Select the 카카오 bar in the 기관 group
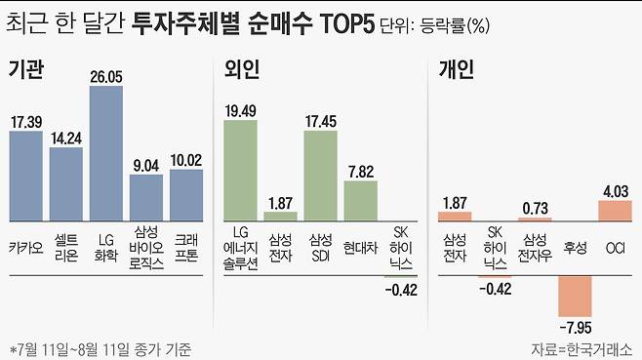[26, 175]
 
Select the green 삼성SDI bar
[320, 173]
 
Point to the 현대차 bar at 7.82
[360, 199]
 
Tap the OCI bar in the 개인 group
[615, 210]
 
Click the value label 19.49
[239, 109]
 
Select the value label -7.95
[576, 328]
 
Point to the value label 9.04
[145, 165]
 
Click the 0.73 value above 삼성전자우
[535, 208]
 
